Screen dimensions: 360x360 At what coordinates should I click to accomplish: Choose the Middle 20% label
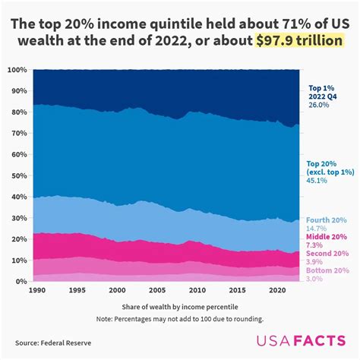pyautogui.click(x=327, y=236)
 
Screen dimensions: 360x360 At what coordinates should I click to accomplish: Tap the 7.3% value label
pyautogui.click(x=314, y=245)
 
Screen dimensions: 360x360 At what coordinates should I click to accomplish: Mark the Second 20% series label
pyautogui.click(x=327, y=253)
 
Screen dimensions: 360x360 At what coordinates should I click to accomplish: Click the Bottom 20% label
pyautogui.click(x=327, y=270)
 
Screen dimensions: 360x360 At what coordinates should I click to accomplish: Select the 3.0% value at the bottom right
pyautogui.click(x=314, y=279)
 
